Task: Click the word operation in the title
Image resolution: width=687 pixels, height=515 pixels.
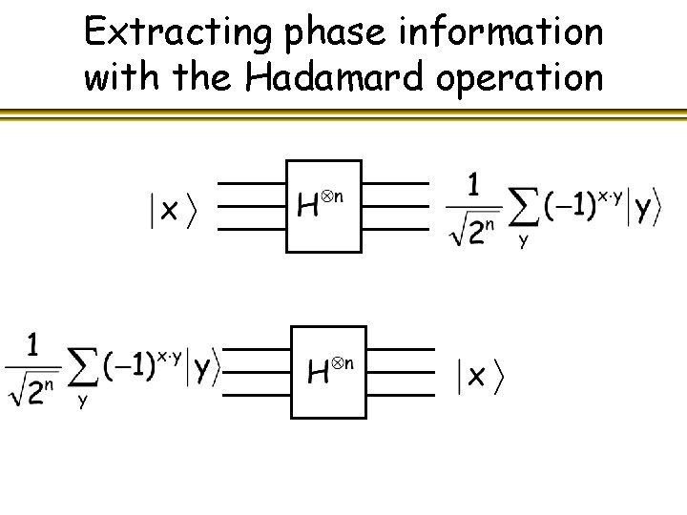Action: (x=520, y=77)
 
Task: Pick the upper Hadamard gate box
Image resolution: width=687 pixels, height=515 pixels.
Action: (x=324, y=205)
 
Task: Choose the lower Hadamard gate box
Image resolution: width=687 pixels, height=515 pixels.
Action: (x=328, y=370)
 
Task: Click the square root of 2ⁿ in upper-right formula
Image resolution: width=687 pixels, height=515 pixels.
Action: (x=475, y=230)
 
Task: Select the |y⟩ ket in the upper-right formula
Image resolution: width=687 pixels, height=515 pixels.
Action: (x=644, y=207)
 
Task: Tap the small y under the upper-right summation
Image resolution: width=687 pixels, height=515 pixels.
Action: (x=523, y=241)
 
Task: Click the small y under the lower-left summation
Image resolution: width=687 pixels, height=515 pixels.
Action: (x=83, y=402)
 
